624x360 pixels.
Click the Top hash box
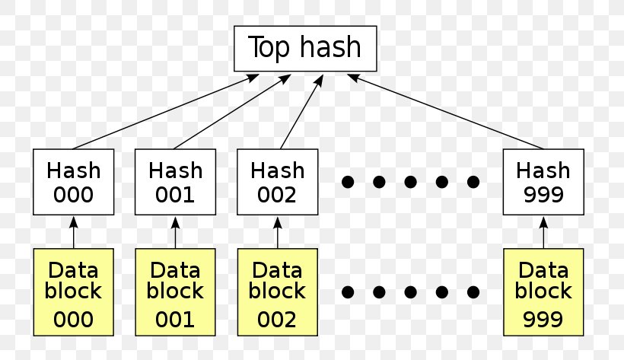point(304,48)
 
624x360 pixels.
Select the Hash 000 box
point(73,182)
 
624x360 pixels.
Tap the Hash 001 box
point(175,182)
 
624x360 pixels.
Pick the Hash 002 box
point(276,182)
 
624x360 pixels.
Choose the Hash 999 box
point(543,182)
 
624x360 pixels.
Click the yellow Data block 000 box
point(73,292)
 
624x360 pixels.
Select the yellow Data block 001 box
point(175,292)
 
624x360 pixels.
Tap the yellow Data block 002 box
point(276,292)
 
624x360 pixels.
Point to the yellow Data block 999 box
point(543,292)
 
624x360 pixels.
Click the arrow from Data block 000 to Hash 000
point(74,232)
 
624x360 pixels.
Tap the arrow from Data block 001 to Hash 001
point(175,232)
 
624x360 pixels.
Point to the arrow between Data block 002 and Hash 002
point(277,232)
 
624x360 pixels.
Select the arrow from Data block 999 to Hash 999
point(543,232)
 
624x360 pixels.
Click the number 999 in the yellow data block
point(543,319)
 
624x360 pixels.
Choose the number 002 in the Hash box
point(276,194)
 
